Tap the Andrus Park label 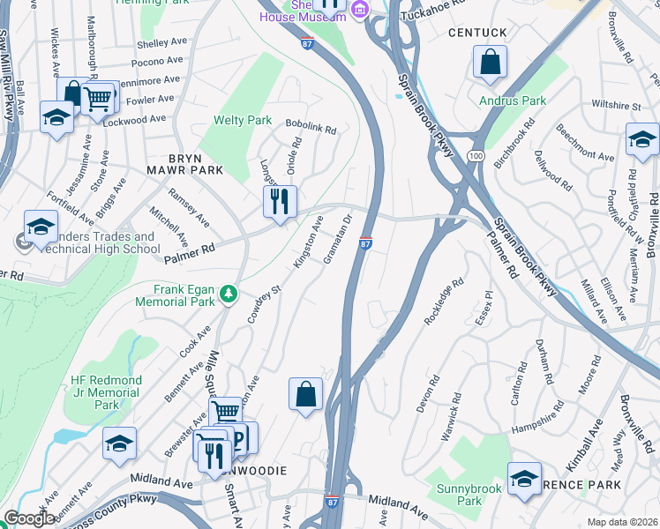(x=513, y=101)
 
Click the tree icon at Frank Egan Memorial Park (x=229, y=292)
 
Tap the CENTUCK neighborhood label (x=477, y=33)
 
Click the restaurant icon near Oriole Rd (x=280, y=202)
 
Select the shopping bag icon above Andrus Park (x=490, y=63)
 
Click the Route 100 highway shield (x=476, y=155)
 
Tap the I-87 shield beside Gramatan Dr (x=365, y=242)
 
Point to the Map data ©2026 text (x=622, y=522)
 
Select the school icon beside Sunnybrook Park (x=524, y=479)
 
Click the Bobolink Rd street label (x=311, y=129)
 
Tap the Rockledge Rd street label (x=444, y=302)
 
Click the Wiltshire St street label (x=616, y=105)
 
